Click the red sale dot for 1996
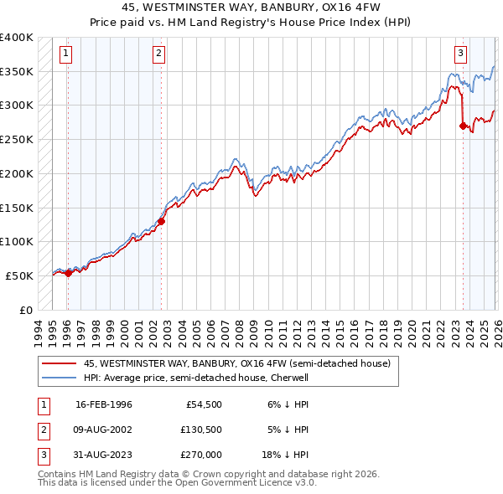(x=68, y=273)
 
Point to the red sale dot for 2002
(x=161, y=221)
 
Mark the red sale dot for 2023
(x=463, y=126)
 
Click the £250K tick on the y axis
(x=17, y=140)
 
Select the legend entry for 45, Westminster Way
(x=236, y=364)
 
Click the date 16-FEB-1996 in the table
(x=104, y=404)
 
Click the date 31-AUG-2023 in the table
(x=104, y=455)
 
